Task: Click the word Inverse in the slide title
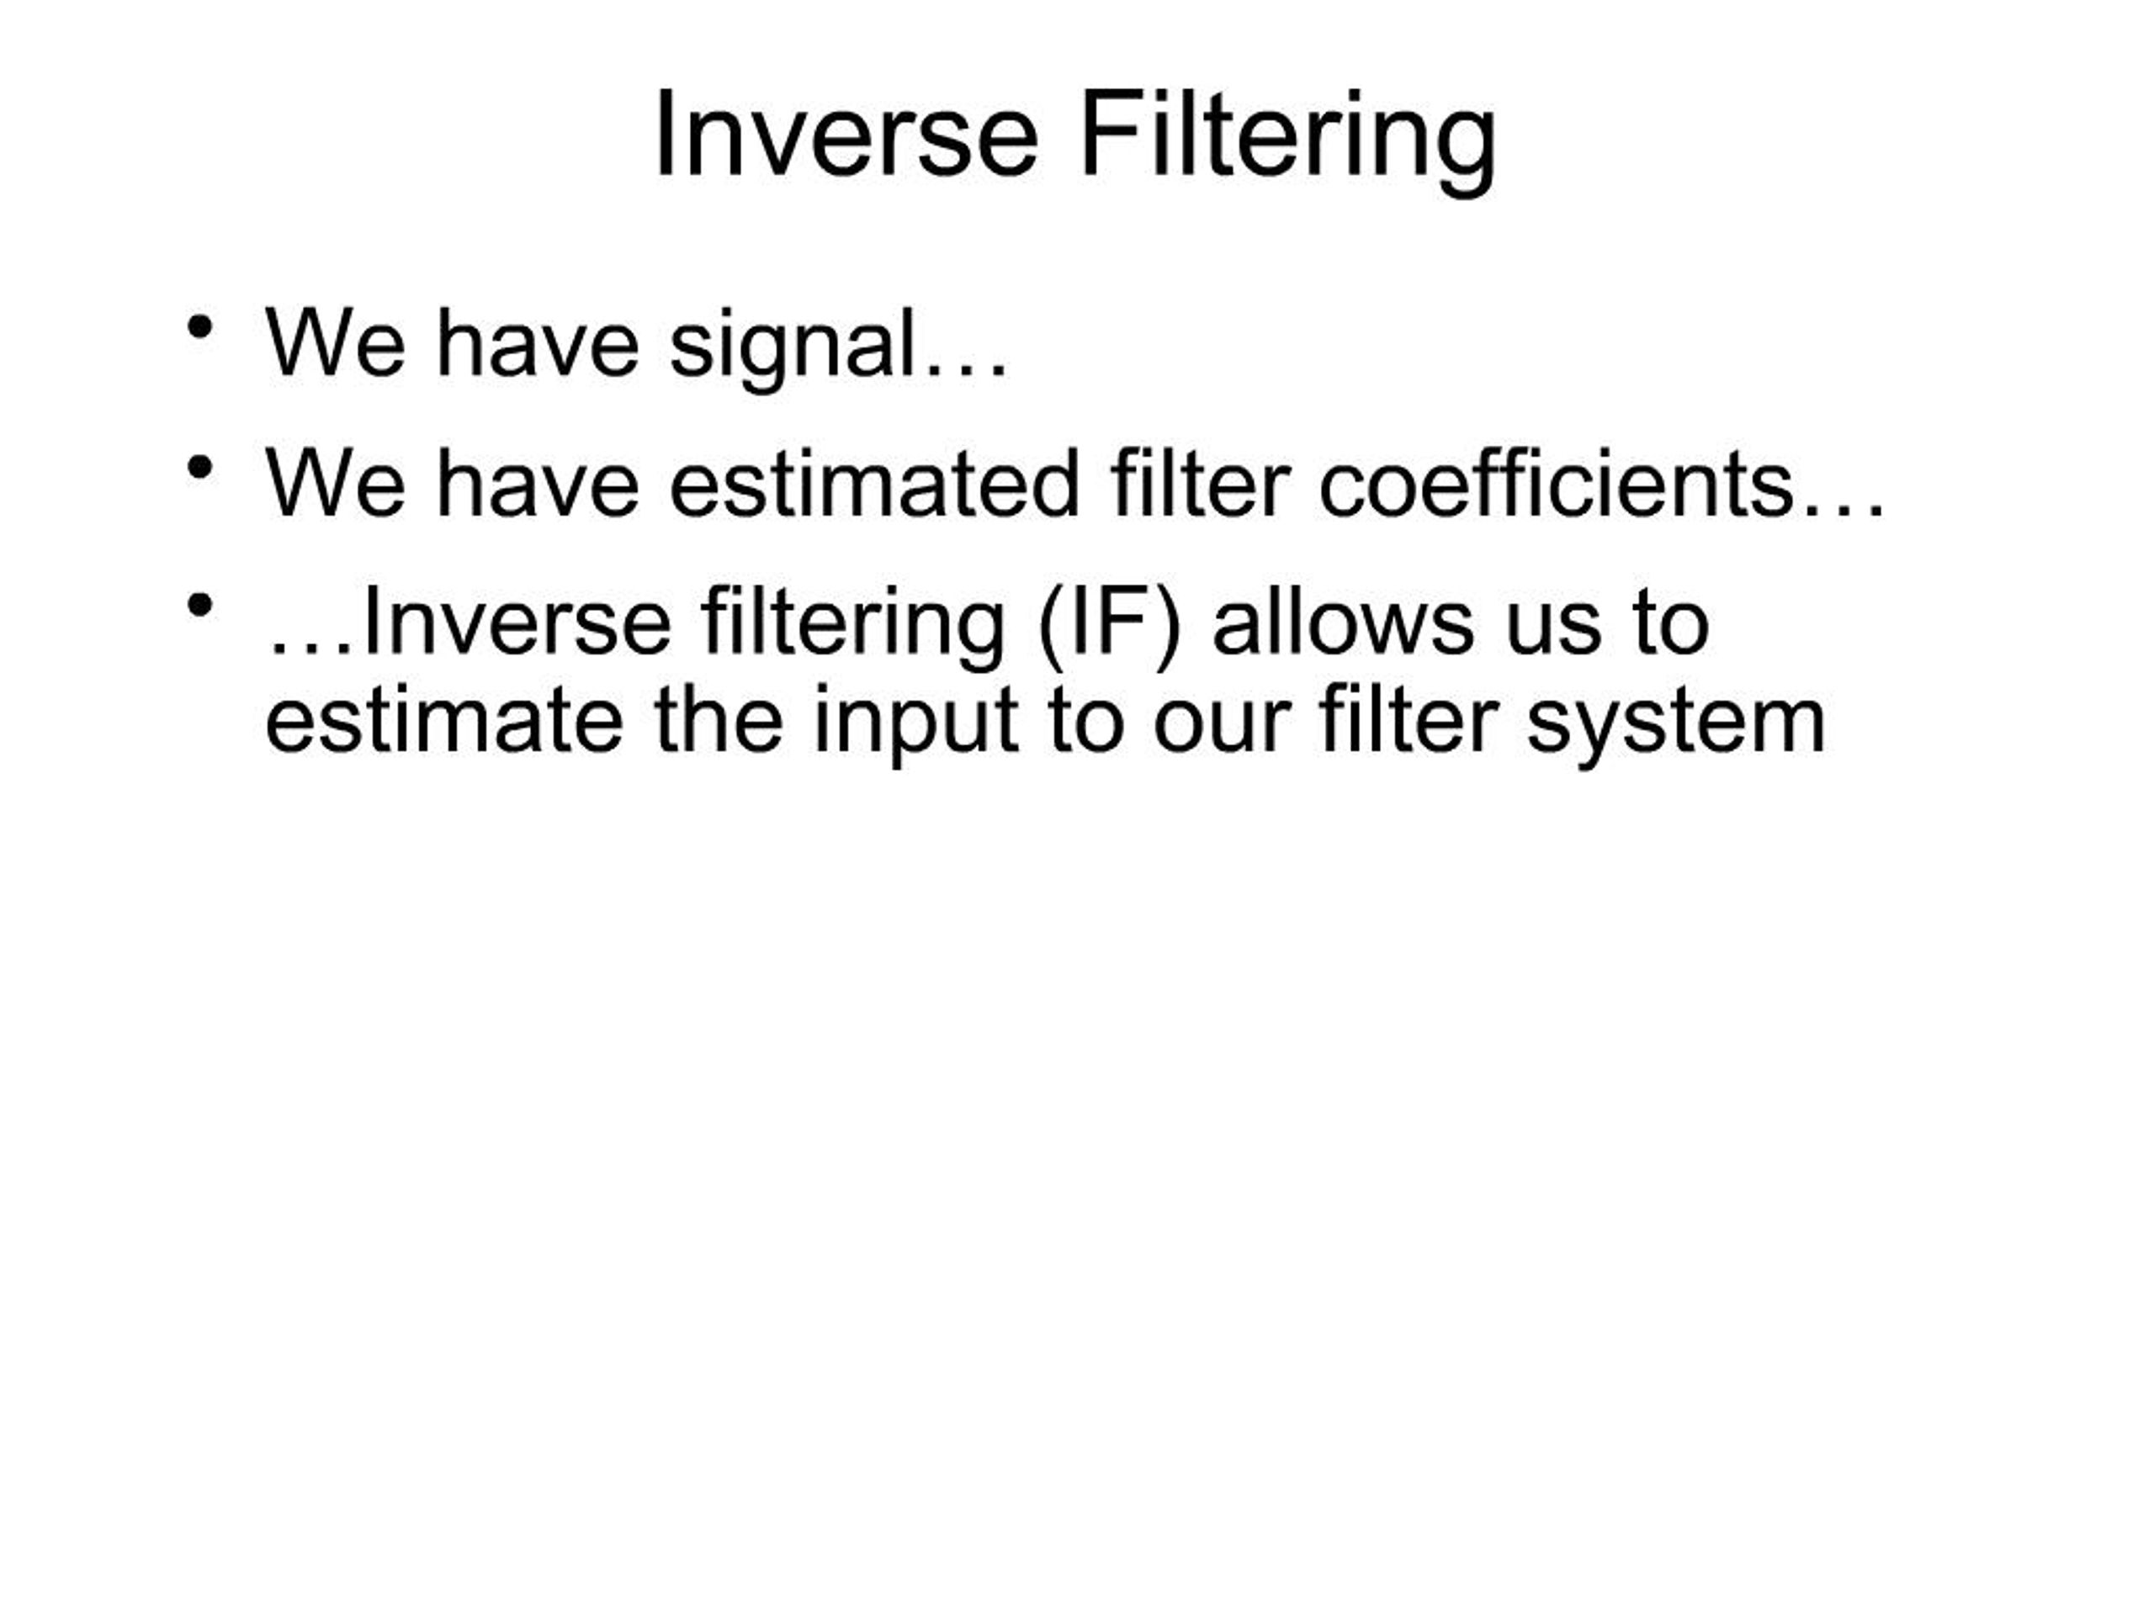(x=846, y=134)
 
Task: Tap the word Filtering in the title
(x=1288, y=141)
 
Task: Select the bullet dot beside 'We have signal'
(x=199, y=326)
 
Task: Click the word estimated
(x=873, y=483)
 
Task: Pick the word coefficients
(x=1555, y=483)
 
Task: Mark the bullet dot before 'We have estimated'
(x=199, y=468)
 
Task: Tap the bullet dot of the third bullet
(x=199, y=606)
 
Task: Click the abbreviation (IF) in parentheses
(x=1109, y=627)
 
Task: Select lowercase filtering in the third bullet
(x=852, y=627)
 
